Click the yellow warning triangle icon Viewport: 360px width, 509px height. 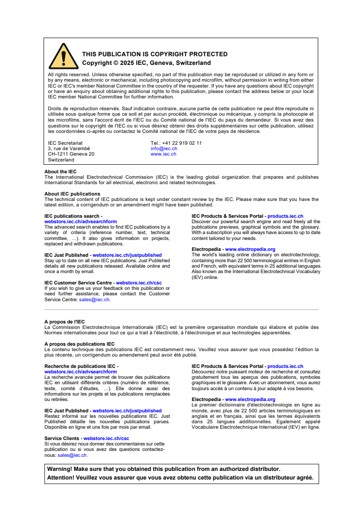click(x=64, y=57)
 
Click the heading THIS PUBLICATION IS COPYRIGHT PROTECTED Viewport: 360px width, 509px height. click(x=154, y=54)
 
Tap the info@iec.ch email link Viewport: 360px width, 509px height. click(x=164, y=148)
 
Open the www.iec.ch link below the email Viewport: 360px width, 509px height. click(x=163, y=154)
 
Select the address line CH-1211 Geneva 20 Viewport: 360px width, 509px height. click(x=71, y=154)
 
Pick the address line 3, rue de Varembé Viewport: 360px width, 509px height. click(x=69, y=148)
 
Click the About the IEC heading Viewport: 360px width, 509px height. click(x=60, y=171)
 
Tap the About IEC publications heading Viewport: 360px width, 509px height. click(x=72, y=194)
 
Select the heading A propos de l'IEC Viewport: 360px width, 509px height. click(x=64, y=322)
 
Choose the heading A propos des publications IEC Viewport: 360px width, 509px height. click(x=79, y=344)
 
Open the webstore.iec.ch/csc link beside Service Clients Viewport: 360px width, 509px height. click(x=106, y=438)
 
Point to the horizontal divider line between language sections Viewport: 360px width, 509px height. click(x=182, y=310)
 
